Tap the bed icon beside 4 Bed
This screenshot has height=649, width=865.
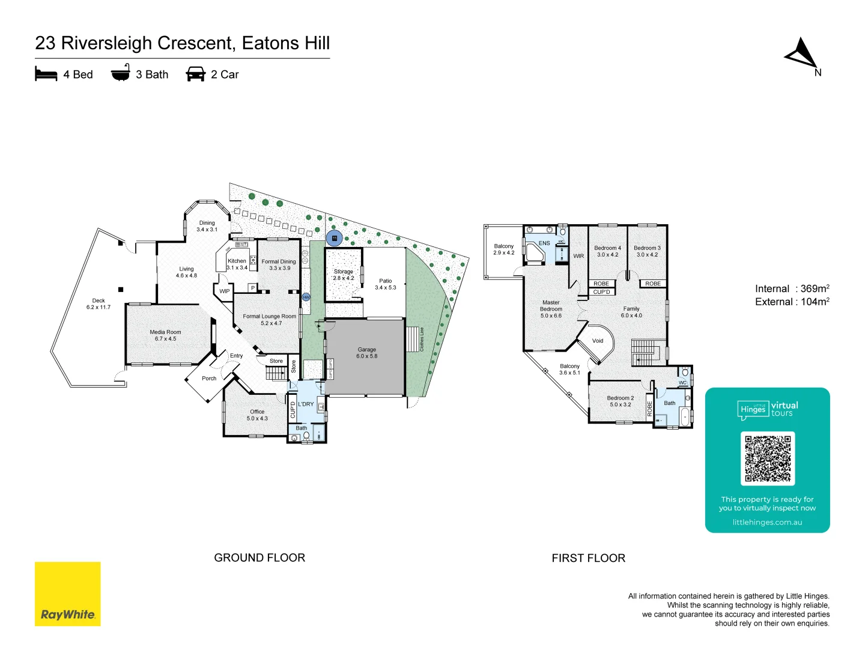point(46,74)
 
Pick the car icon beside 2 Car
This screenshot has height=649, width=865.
point(196,74)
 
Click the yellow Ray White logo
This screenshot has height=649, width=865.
point(67,594)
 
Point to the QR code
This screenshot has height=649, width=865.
point(768,459)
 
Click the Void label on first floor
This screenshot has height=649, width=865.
point(598,341)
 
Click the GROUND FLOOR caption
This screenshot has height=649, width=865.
point(259,558)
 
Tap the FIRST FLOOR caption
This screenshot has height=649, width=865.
point(588,558)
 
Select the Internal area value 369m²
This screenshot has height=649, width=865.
point(815,289)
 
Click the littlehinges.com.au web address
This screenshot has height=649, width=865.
point(767,522)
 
